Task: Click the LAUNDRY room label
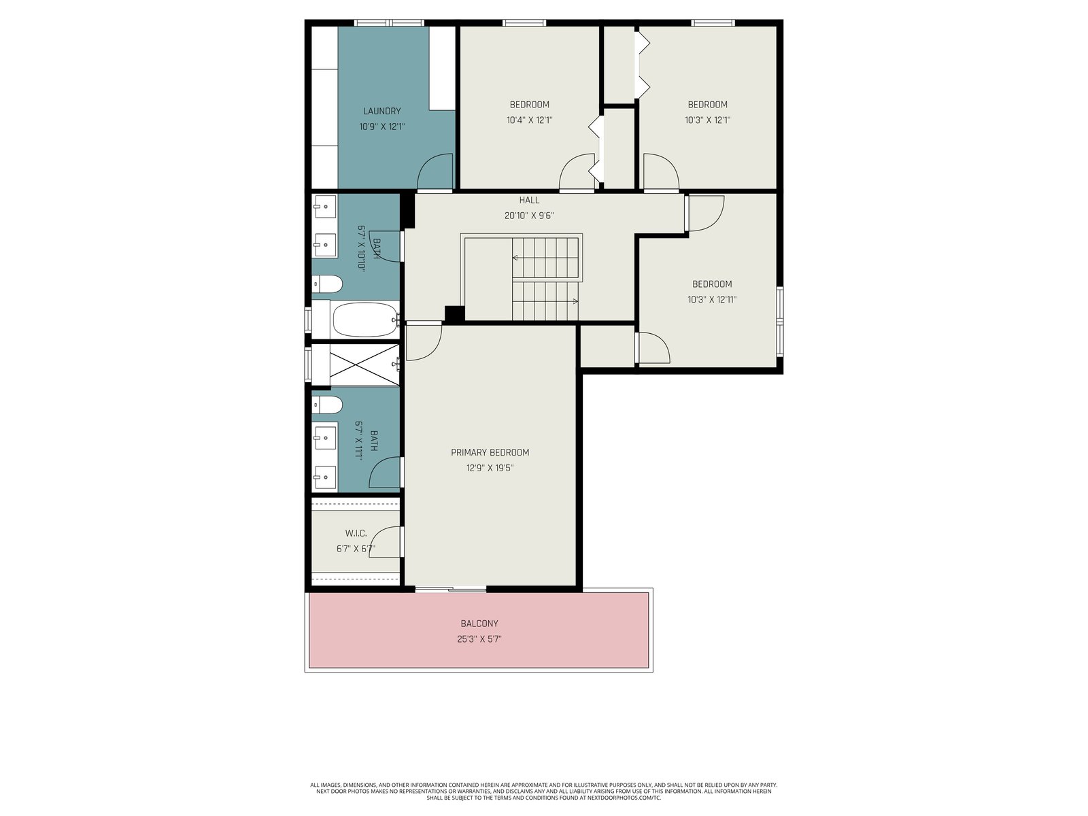coord(381,111)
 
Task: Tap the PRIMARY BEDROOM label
coord(490,452)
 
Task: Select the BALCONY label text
coord(479,624)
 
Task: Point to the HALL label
coord(529,200)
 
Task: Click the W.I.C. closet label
coord(356,533)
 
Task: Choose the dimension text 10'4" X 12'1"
coord(529,120)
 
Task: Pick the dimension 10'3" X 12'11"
coord(712,300)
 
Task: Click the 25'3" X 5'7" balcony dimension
coord(479,639)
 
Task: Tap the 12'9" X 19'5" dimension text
coord(490,468)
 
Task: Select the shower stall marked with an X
coord(364,364)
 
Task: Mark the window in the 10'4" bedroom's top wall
coord(524,23)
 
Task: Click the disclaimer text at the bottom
coord(544,792)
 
